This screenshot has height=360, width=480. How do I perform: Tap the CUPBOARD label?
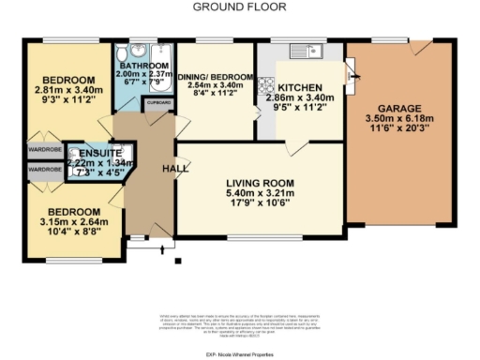[x=158, y=101]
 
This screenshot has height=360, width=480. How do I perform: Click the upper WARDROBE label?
[x=45, y=148]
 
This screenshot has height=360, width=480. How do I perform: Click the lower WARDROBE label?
[x=45, y=170]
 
